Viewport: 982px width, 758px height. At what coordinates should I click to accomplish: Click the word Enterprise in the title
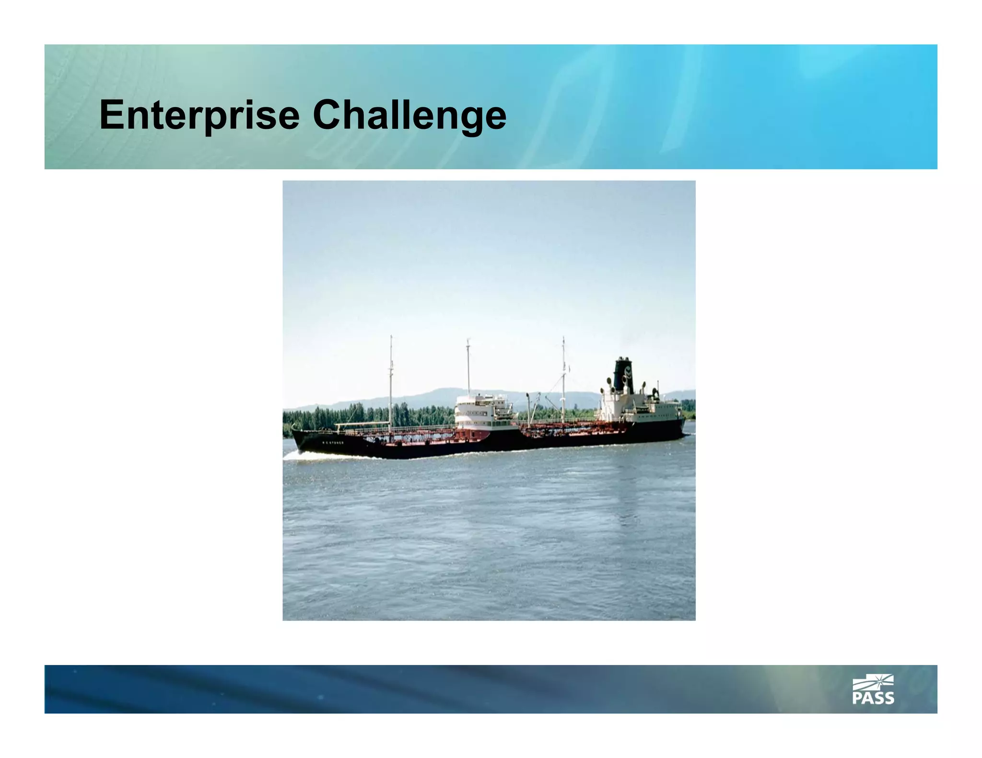click(199, 115)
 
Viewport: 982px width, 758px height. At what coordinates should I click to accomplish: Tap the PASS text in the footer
click(873, 698)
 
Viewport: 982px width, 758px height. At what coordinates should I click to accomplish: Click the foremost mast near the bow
click(391, 379)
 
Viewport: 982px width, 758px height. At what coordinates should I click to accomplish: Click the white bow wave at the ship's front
click(312, 455)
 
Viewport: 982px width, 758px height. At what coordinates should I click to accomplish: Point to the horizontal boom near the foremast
click(362, 424)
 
